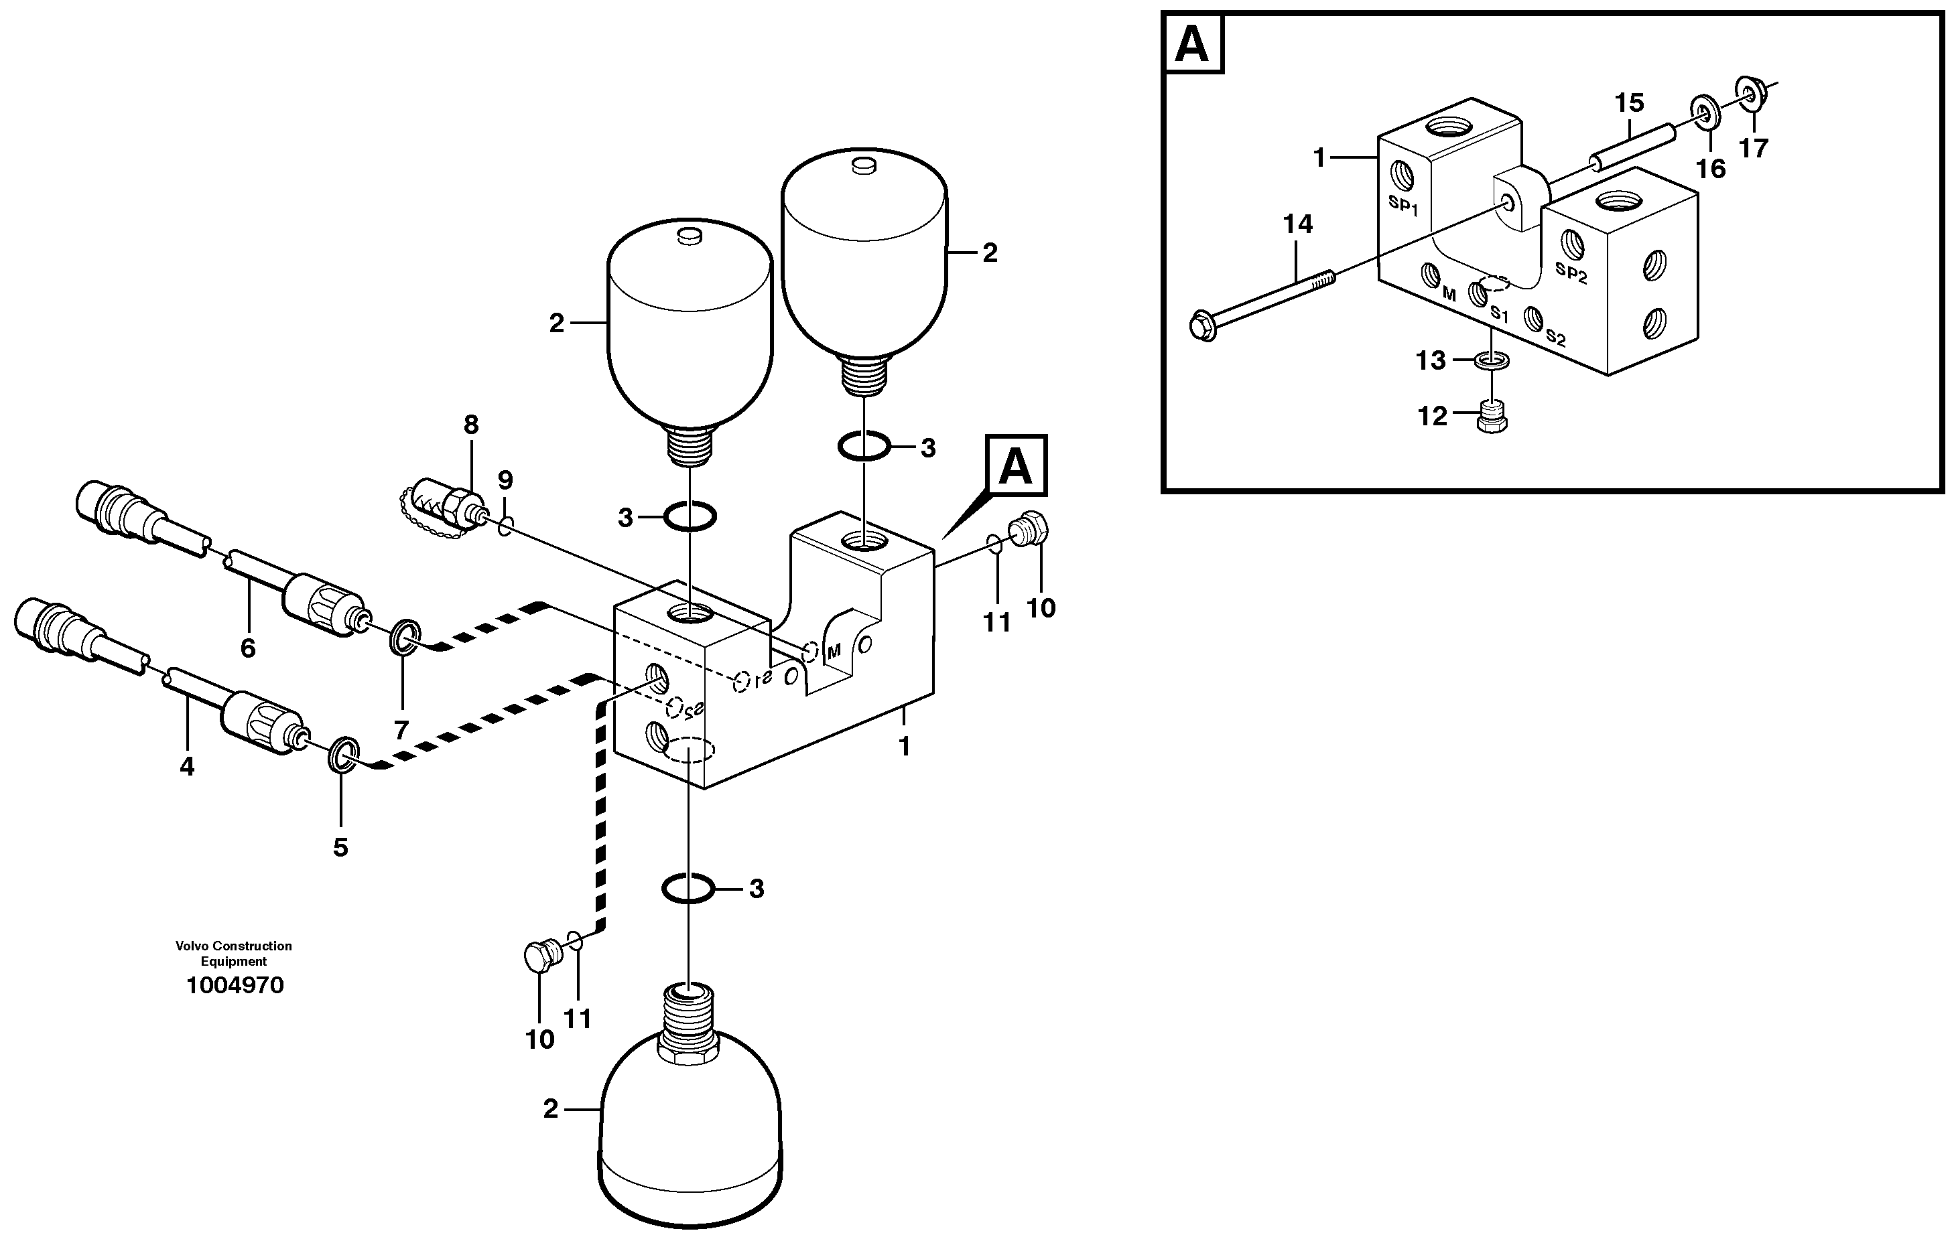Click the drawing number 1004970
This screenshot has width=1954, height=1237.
[x=235, y=986]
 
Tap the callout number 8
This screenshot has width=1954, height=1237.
[x=470, y=424]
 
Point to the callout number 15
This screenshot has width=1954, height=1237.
[x=1628, y=103]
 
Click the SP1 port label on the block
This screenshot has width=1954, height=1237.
[x=1403, y=205]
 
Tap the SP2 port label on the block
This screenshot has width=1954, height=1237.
[x=1571, y=273]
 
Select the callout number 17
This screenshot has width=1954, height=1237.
[x=1753, y=149]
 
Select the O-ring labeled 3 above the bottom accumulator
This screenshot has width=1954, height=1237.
[x=688, y=888]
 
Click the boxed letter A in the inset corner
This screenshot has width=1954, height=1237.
[x=1192, y=43]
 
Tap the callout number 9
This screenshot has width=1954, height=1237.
[x=505, y=480]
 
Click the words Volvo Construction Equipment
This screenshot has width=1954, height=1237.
[x=234, y=953]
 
